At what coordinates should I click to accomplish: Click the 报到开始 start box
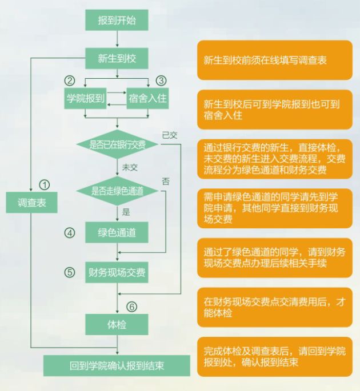[117, 20]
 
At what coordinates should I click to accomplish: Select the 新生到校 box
[117, 58]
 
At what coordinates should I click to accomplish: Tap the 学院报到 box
[86, 98]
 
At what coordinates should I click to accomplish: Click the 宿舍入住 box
[147, 98]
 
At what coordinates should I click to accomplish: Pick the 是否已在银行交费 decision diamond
[117, 145]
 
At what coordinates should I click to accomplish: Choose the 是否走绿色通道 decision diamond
[117, 190]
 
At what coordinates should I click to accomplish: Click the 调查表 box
[32, 202]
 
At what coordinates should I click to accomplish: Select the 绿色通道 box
[117, 232]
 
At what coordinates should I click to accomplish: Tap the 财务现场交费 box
[117, 272]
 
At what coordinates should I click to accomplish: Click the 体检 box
[117, 324]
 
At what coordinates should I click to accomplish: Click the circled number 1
[44, 185]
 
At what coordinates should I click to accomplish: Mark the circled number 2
[70, 80]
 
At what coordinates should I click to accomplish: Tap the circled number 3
[161, 80]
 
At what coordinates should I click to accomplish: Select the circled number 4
[70, 233]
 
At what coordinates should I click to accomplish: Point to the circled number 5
[70, 272]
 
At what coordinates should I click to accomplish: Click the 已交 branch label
[170, 135]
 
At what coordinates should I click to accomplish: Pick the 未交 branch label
[130, 167]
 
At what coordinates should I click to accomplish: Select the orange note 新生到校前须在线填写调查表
[274, 61]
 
